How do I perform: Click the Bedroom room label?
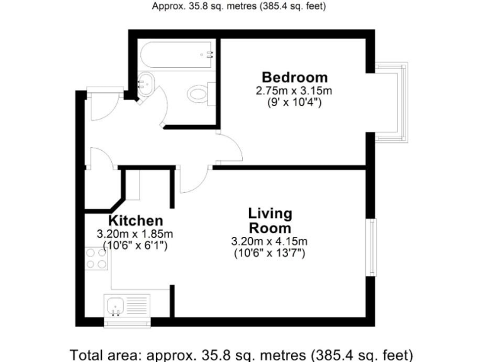pyautogui.click(x=294, y=77)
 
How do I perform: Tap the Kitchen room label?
pyautogui.click(x=136, y=221)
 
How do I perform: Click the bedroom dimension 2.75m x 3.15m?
pyautogui.click(x=294, y=90)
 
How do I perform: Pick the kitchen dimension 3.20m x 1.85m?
pyautogui.click(x=135, y=234)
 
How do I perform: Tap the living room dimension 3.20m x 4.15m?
pyautogui.click(x=269, y=241)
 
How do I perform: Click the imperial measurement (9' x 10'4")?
pyautogui.click(x=294, y=102)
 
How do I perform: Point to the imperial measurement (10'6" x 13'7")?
pyautogui.click(x=269, y=253)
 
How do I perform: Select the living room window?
pyautogui.click(x=372, y=248)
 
